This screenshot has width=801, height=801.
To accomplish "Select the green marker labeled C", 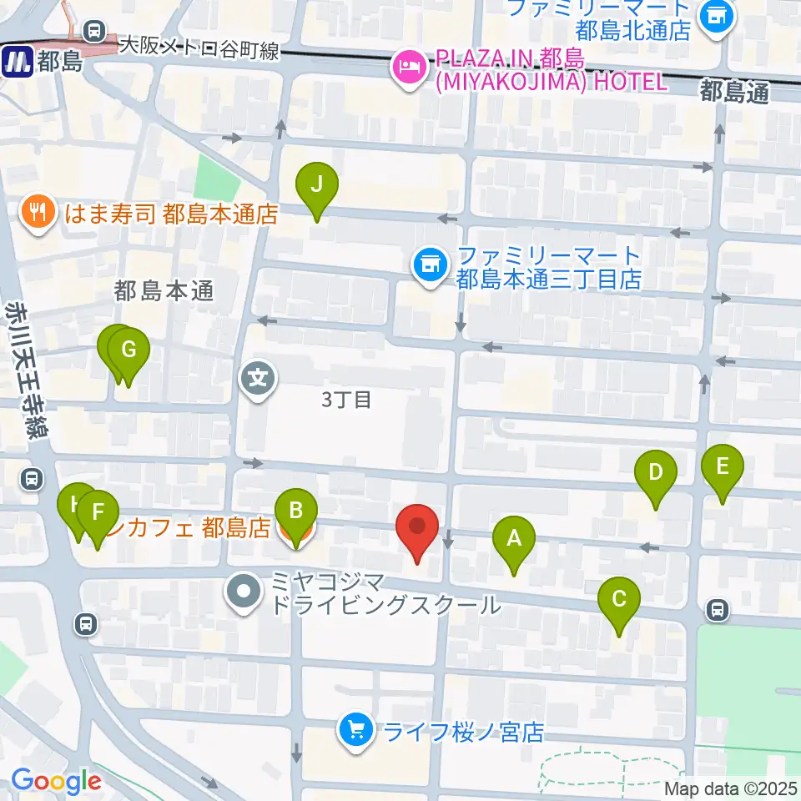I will (619, 599).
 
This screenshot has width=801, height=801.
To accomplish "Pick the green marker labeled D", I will (656, 473).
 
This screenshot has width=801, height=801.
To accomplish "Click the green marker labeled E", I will (722, 466).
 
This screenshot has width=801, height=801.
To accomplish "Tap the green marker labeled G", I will (128, 351).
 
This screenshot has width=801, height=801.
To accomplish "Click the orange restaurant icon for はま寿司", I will (37, 214).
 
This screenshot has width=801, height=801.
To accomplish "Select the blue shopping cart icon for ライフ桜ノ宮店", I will (356, 732).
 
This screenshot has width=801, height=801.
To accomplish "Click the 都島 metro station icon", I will (16, 62).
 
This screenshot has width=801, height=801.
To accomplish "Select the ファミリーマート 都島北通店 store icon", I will (716, 15).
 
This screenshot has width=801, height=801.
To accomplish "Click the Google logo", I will (56, 781).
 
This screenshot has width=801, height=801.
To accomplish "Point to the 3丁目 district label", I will (346, 400).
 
